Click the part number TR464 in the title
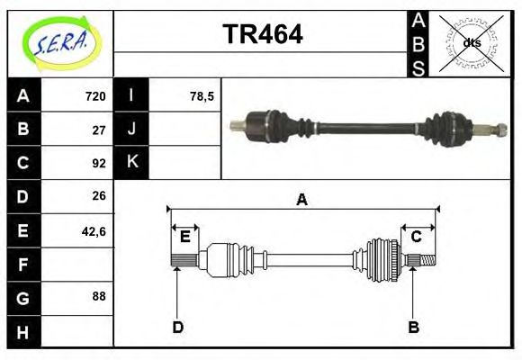[262, 35]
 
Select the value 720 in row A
[95, 96]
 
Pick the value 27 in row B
[99, 130]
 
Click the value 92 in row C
[99, 163]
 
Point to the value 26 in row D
[99, 195]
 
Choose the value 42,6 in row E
[94, 231]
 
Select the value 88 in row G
[99, 295]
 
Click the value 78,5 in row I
[202, 96]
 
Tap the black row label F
[22, 265]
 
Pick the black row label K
[131, 163]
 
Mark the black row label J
[131, 130]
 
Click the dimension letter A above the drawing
[302, 200]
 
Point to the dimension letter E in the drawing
[184, 237]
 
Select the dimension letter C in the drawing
[417, 237]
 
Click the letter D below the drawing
[177, 328]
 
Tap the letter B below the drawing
[414, 328]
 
